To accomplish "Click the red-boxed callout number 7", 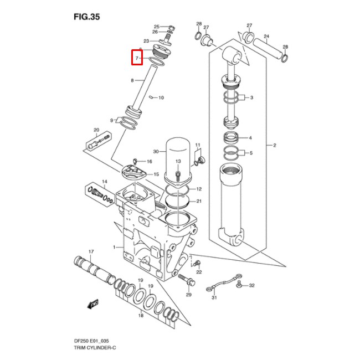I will [x=137, y=58].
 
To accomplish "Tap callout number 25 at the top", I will [x=156, y=27].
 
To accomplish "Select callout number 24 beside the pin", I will [x=266, y=37].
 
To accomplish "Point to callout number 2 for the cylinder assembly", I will [x=274, y=146].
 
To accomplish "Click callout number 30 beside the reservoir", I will [x=156, y=151].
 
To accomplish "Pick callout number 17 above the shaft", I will [x=91, y=251].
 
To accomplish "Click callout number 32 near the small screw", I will [x=251, y=286].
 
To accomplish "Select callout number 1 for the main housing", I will [x=114, y=246].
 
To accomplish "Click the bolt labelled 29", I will [x=189, y=281].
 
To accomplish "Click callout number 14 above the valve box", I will [x=104, y=182].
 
